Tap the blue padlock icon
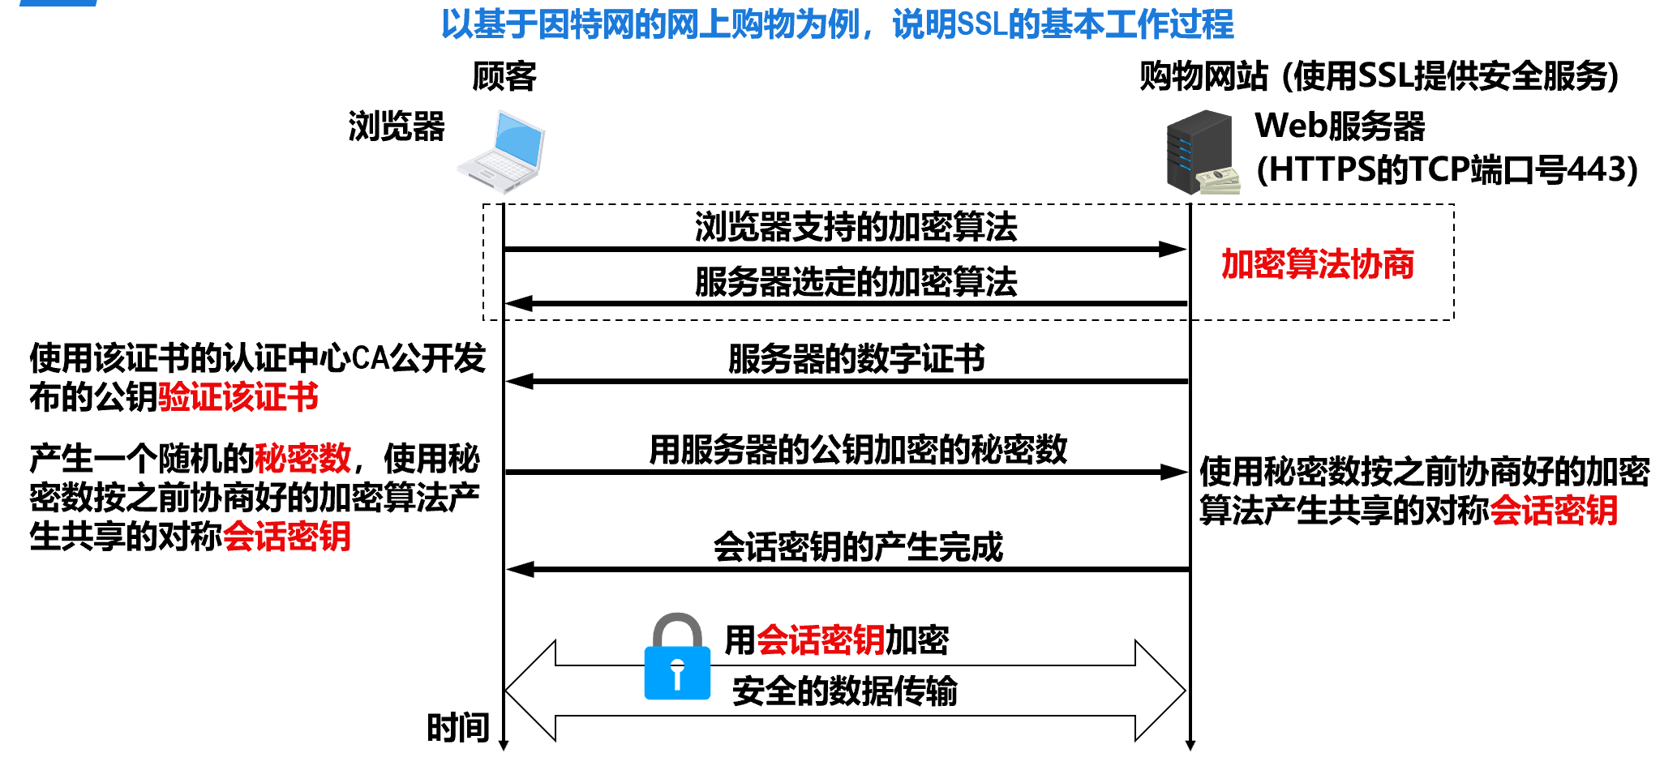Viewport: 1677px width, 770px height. coord(677,658)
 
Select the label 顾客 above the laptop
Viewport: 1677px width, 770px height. coord(504,76)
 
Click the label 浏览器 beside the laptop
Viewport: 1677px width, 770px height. coord(397,126)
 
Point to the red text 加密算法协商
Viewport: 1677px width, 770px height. coord(1317,264)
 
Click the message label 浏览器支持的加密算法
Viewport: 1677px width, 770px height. coord(856,227)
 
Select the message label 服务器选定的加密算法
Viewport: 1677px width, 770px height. coord(856,282)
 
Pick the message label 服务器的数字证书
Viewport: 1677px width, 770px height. coord(856,359)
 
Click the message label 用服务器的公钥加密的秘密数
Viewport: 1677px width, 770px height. coord(858,450)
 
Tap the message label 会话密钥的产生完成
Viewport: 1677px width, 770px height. coord(858,548)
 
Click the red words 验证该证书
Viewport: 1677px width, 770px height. coord(238,398)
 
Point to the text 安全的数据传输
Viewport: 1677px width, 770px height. coord(844,691)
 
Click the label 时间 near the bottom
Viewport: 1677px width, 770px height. coord(458,727)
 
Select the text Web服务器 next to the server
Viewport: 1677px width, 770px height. coord(1340,126)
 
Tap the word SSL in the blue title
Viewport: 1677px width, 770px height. coord(982,24)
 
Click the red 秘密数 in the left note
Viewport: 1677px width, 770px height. coord(302,459)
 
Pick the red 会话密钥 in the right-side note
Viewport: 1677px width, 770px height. coord(1554,511)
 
